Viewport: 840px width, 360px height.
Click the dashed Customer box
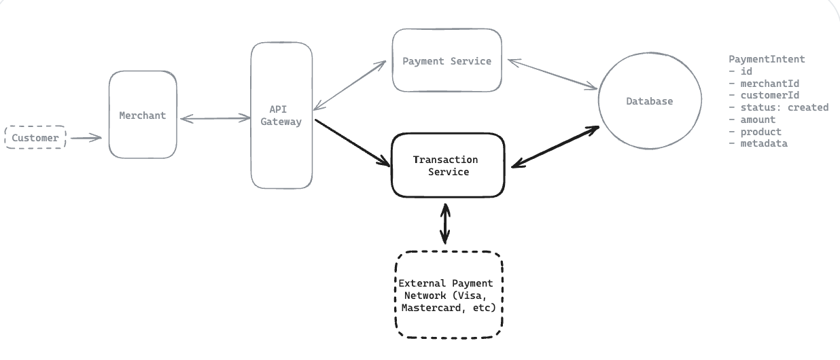(35, 137)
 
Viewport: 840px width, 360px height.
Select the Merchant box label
(143, 115)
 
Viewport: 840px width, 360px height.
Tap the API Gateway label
(281, 115)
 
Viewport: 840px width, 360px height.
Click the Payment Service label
(447, 61)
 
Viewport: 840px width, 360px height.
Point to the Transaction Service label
(446, 166)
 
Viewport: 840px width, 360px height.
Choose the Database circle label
(650, 101)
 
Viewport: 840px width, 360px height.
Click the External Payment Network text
(447, 295)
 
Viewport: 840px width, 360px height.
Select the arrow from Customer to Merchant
(86, 139)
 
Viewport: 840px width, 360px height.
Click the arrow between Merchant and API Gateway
(215, 118)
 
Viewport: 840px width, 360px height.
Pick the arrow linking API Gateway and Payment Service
(349, 86)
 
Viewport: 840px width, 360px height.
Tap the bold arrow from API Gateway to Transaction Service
(353, 143)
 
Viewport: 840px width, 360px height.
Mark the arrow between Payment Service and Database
(553, 74)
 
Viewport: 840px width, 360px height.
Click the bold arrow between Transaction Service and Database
(555, 147)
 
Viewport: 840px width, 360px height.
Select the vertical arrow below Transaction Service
(445, 223)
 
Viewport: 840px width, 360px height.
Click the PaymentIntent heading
(767, 59)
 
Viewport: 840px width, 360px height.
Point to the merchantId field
(769, 83)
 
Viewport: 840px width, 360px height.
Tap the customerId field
(769, 95)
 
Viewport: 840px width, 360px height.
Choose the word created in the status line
(808, 107)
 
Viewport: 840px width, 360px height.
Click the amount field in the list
(758, 120)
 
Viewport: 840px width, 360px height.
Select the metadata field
(763, 143)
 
